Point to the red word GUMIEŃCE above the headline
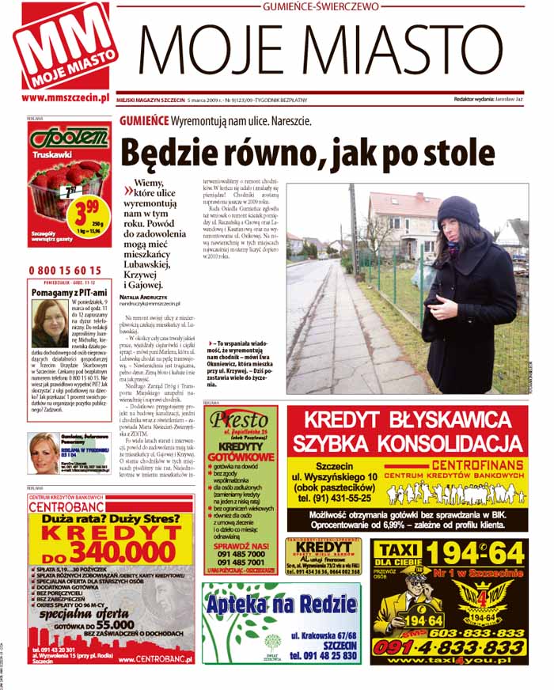(144, 121)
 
